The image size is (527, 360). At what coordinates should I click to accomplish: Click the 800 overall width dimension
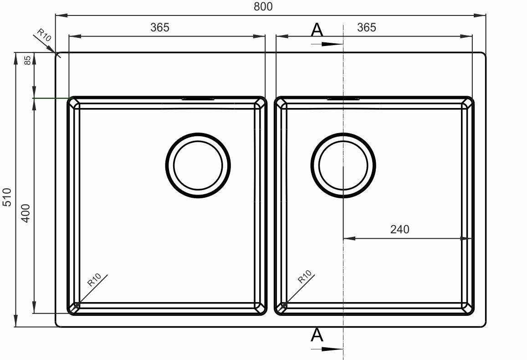[x=263, y=6]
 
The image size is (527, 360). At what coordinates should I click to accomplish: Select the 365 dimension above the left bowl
[x=159, y=27]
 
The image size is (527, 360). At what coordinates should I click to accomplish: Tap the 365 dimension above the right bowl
[x=366, y=27]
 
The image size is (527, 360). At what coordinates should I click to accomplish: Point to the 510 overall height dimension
[x=7, y=197]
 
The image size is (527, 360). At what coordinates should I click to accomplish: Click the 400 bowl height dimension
[x=26, y=213]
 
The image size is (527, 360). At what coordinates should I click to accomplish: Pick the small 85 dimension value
[x=28, y=60]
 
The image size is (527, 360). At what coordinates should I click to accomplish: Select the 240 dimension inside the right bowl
[x=399, y=229]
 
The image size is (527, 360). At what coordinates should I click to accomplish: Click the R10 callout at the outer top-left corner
[x=44, y=35]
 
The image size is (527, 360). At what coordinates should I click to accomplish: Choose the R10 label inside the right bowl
[x=305, y=277]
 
